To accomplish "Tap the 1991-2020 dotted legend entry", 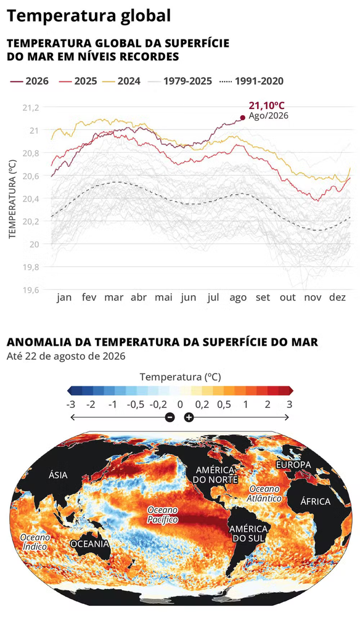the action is (x=252, y=81).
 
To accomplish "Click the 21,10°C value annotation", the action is (x=267, y=106).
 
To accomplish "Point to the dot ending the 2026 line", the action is (x=242, y=118).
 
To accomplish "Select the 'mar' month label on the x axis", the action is (x=114, y=298).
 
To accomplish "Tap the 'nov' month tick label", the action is (x=313, y=298).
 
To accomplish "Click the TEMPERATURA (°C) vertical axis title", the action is (x=12, y=199).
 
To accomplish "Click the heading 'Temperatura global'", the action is (x=89, y=15).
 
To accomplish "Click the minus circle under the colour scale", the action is (x=170, y=417).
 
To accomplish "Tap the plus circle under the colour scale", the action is (x=189, y=417).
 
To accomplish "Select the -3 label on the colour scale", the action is (x=72, y=404).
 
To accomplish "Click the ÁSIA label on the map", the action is (x=59, y=475).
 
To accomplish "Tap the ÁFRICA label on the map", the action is (x=315, y=502).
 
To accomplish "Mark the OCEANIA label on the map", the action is (x=90, y=544).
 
